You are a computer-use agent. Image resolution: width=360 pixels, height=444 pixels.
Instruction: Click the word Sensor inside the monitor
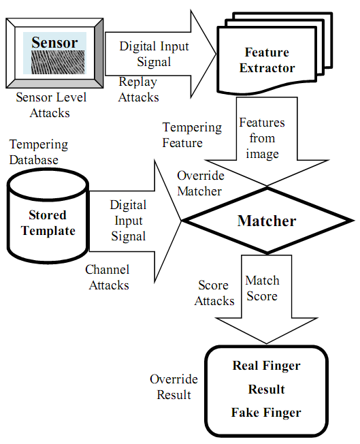pyautogui.click(x=54, y=42)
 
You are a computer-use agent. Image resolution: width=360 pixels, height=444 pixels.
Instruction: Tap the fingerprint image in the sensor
pyautogui.click(x=58, y=62)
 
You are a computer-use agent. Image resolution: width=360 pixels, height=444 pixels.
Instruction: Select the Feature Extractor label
pyautogui.click(x=267, y=60)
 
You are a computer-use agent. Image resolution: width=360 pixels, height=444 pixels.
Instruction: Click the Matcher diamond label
pyautogui.click(x=267, y=221)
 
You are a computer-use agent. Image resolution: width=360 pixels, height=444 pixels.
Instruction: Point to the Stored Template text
pyautogui.click(x=48, y=223)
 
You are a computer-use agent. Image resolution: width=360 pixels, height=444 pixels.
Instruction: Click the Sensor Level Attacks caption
pyautogui.click(x=50, y=105)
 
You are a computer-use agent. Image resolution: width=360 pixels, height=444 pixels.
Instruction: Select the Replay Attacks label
pyautogui.click(x=138, y=89)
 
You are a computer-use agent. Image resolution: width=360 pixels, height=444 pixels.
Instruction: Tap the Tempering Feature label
pyautogui.click(x=192, y=135)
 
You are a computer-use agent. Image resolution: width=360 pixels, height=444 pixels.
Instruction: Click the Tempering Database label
pyautogui.click(x=39, y=152)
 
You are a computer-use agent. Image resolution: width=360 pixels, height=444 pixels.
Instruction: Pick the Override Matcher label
pyautogui.click(x=200, y=183)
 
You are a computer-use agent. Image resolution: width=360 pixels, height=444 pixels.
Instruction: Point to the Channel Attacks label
pyautogui.click(x=108, y=277)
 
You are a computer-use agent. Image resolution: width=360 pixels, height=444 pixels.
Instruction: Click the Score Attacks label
pyautogui.click(x=214, y=293)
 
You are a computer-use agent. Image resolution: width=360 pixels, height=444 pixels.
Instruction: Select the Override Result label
pyautogui.click(x=174, y=387)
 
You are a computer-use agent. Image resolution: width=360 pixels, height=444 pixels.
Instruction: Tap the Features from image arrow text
pyautogui.click(x=262, y=138)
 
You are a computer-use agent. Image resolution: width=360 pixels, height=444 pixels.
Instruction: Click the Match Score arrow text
pyautogui.click(x=263, y=288)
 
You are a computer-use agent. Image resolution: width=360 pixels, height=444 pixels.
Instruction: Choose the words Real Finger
pyautogui.click(x=266, y=366)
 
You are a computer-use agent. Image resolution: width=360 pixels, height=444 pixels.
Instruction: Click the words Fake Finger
pyautogui.click(x=266, y=412)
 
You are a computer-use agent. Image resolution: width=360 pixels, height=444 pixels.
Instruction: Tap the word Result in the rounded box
pyautogui.click(x=266, y=389)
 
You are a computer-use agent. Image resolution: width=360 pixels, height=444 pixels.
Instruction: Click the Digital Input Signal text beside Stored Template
pyautogui.click(x=129, y=221)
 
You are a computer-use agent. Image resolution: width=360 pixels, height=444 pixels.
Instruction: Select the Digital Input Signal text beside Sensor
pyautogui.click(x=154, y=54)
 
